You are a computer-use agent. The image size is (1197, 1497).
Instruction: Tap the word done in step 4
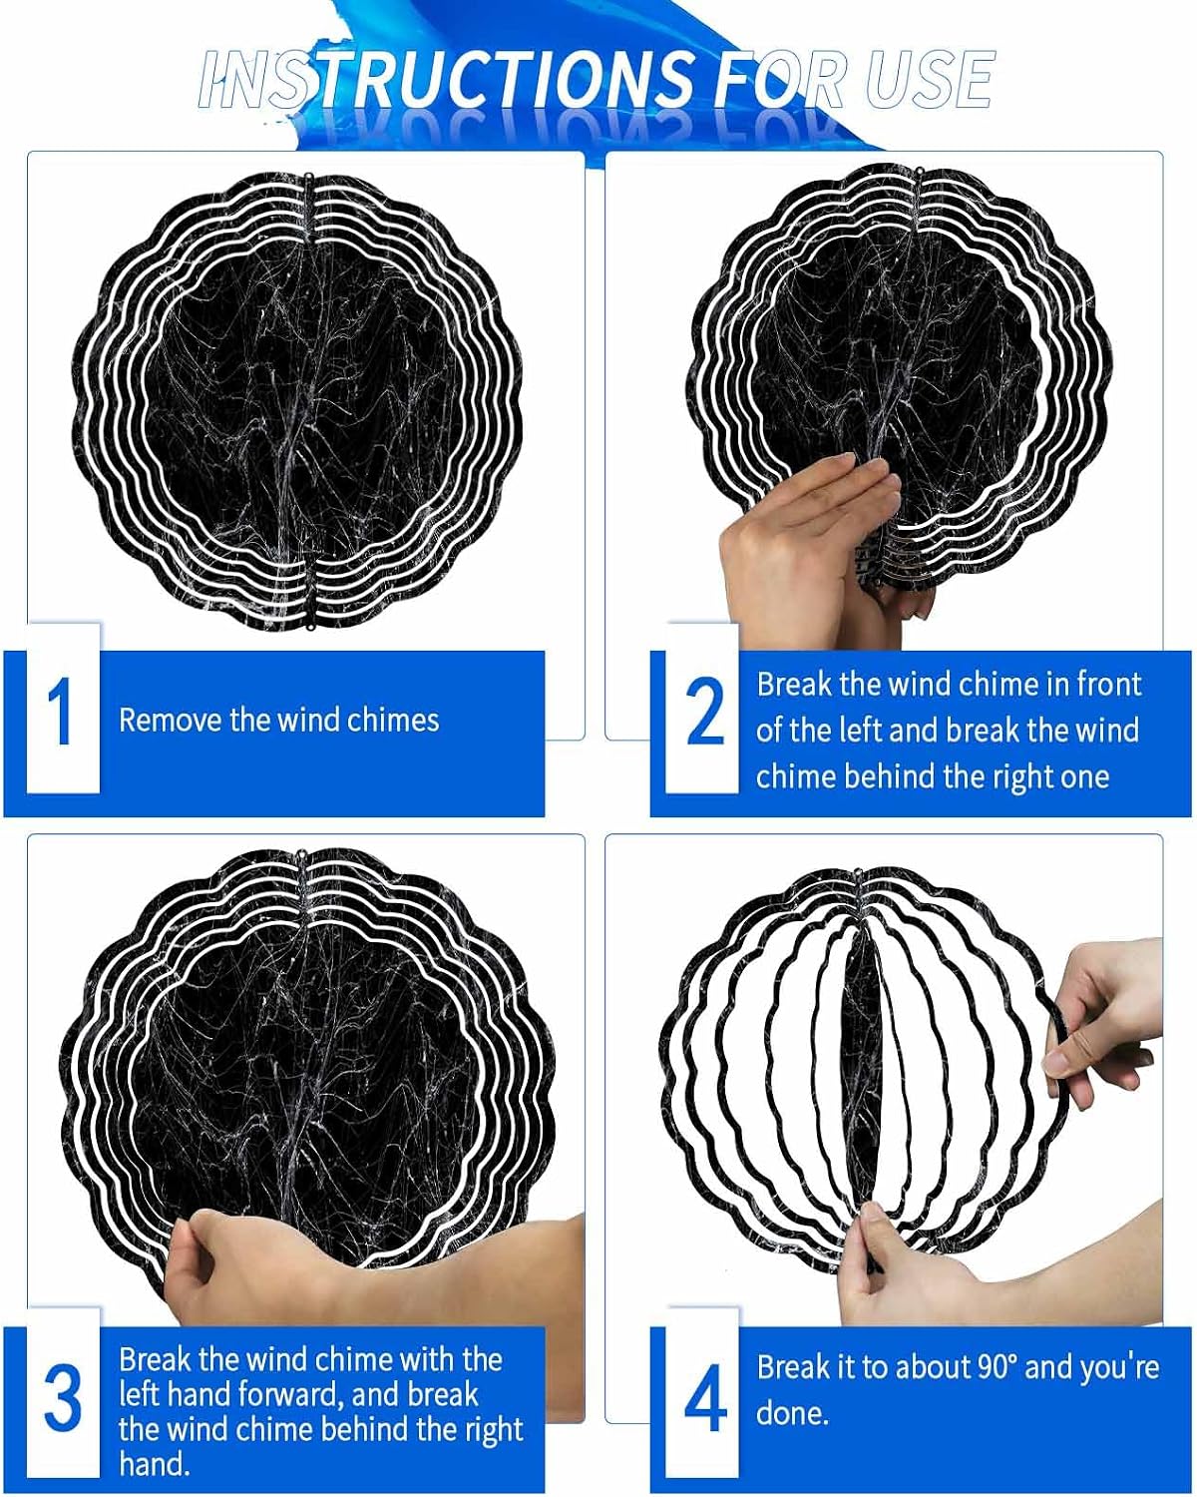click(793, 1413)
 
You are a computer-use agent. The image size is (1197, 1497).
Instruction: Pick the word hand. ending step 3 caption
click(154, 1465)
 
